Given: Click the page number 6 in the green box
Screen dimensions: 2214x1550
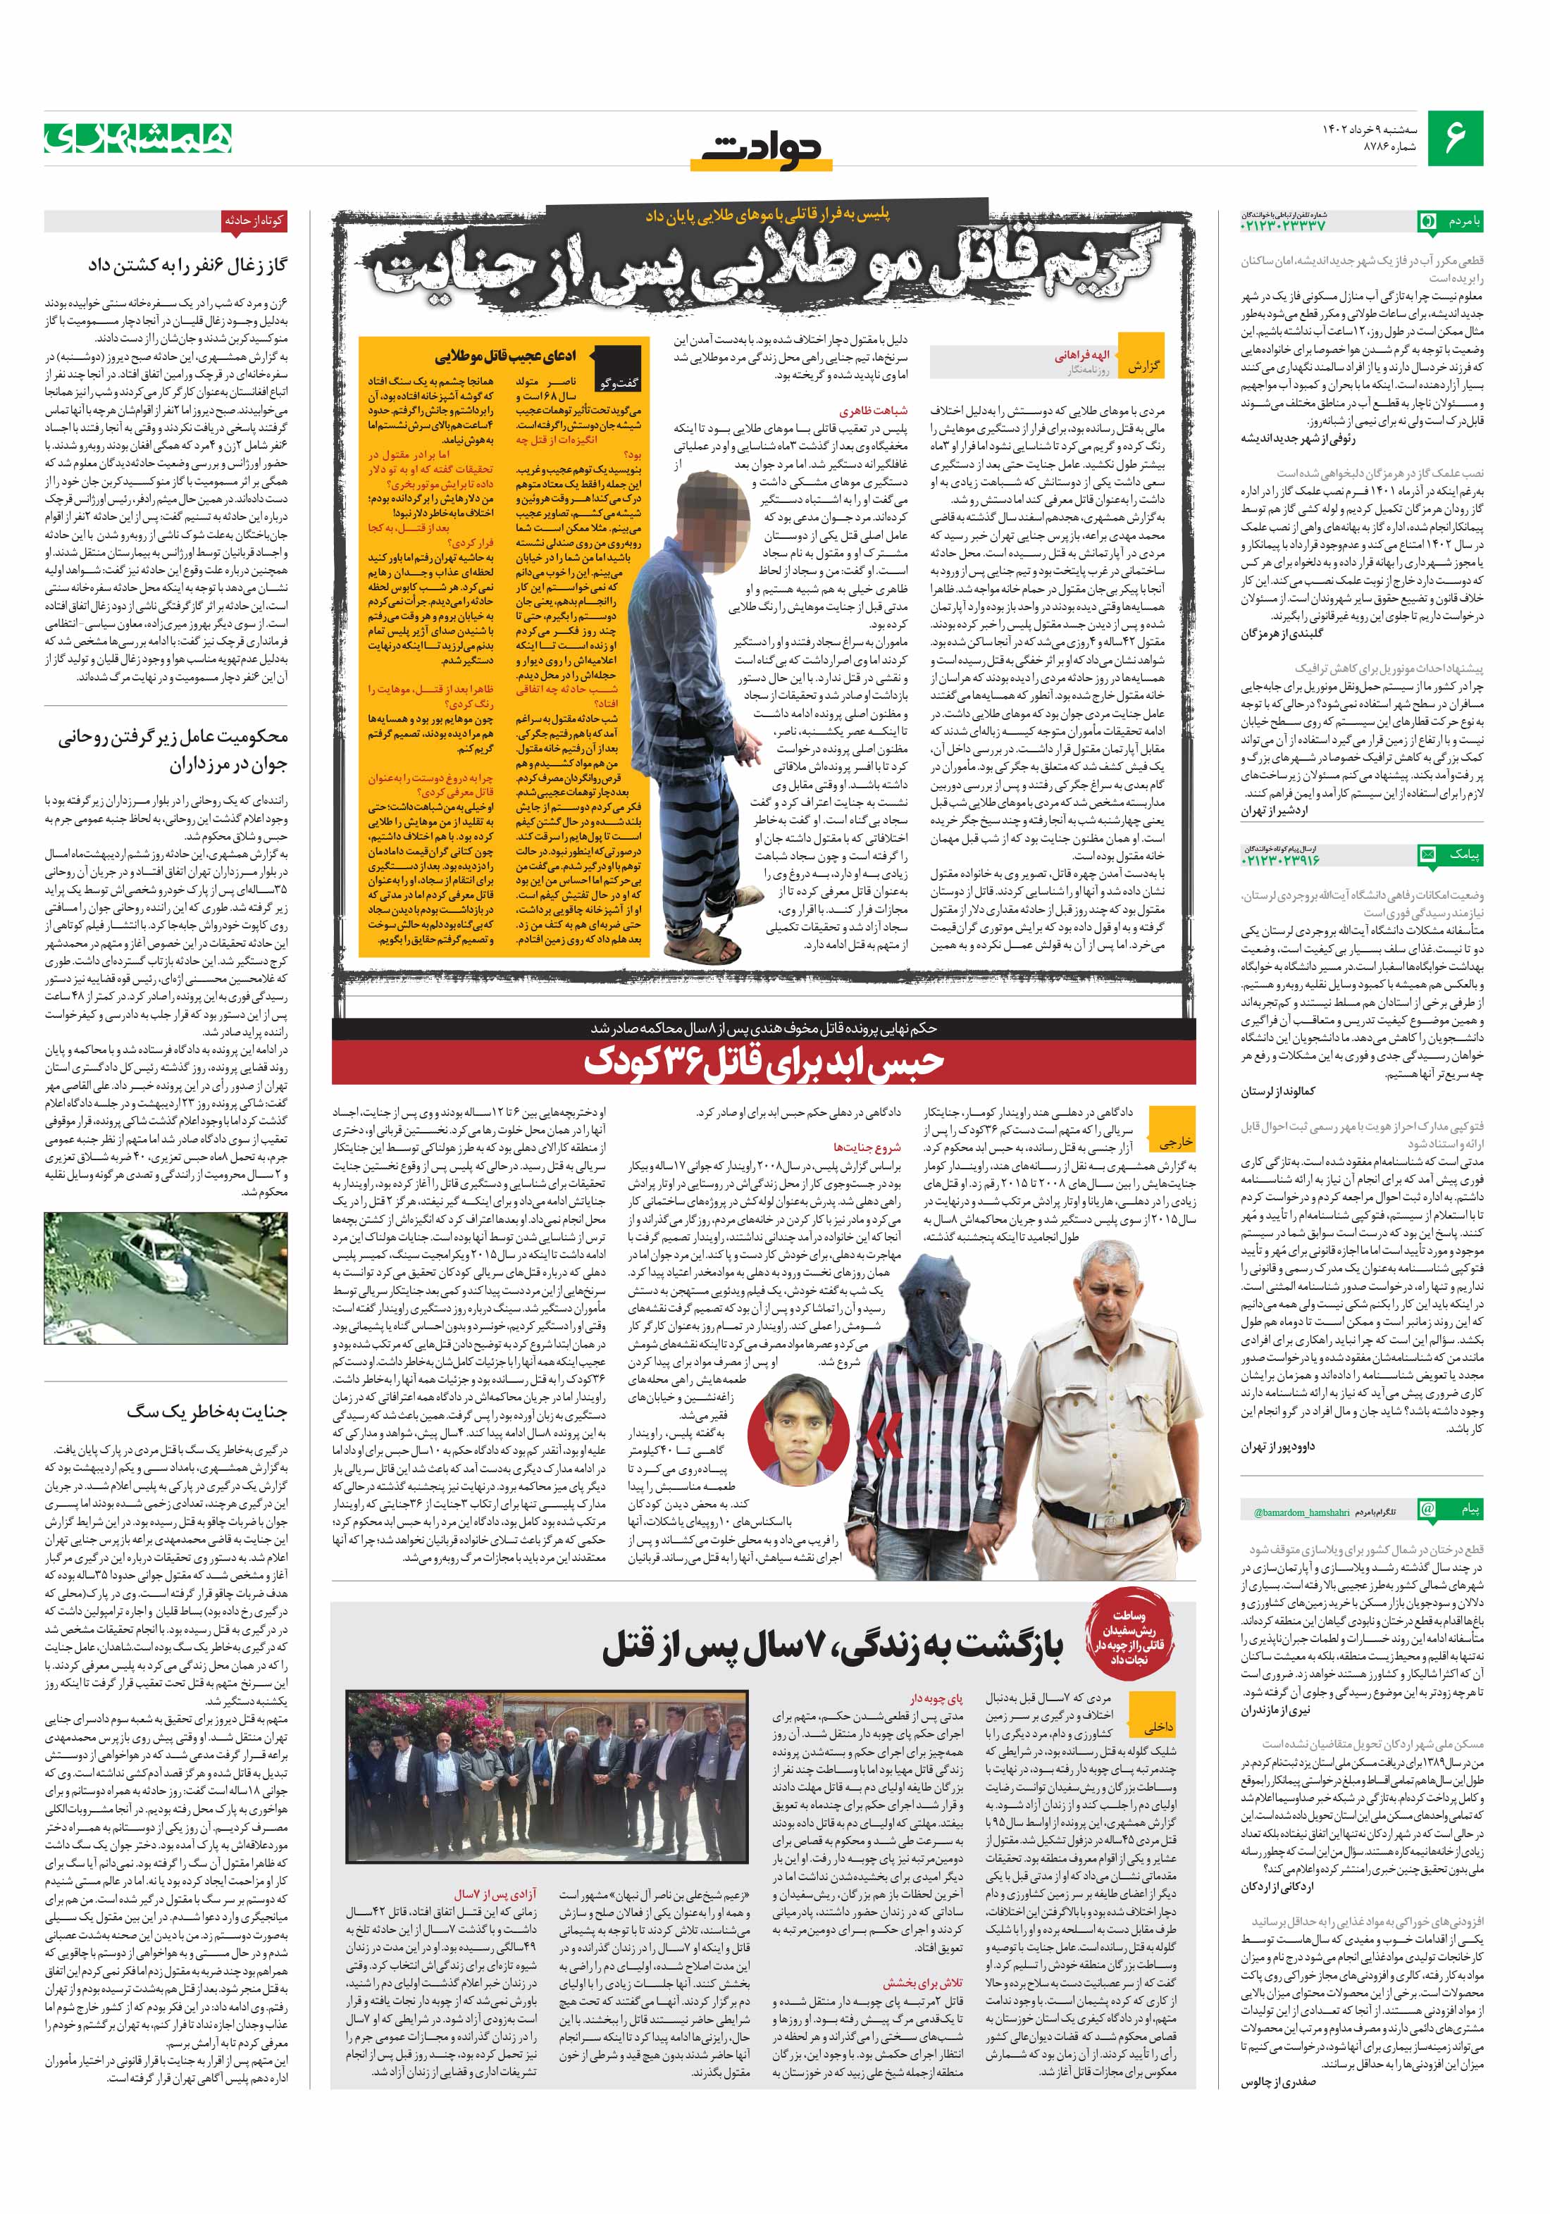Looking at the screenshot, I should [x=1456, y=138].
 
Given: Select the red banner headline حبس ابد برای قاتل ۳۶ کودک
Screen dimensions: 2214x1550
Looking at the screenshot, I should [x=765, y=1061].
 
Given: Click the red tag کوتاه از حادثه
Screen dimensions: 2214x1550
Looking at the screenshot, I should [x=254, y=220].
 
